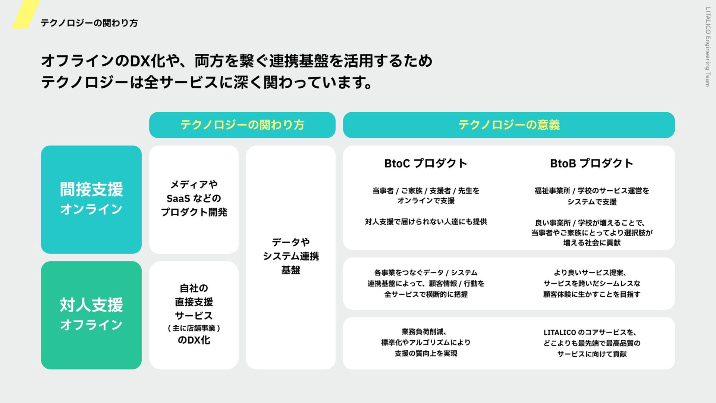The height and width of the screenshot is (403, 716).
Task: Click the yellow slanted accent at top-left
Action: [x=25, y=14]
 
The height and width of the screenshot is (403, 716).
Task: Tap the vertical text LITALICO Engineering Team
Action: [x=707, y=47]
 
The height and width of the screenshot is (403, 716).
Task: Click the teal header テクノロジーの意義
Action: [x=509, y=125]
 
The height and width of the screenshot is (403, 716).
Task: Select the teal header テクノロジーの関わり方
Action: [x=242, y=125]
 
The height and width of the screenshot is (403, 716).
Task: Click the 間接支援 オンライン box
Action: [x=91, y=199]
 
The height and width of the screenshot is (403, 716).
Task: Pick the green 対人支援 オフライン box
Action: [x=91, y=315]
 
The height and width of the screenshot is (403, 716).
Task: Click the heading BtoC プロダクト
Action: [x=425, y=163]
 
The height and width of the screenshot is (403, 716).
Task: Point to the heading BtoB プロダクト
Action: [x=591, y=163]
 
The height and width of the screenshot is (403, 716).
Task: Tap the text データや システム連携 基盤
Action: [x=291, y=256]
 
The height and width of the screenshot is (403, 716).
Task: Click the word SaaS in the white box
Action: [x=178, y=199]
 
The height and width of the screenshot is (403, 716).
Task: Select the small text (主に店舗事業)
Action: [x=194, y=328]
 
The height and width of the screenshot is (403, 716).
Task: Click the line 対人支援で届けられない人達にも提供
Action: [x=426, y=222]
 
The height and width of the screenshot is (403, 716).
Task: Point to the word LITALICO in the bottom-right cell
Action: [x=559, y=332]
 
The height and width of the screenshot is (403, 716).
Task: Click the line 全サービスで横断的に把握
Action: [x=426, y=294]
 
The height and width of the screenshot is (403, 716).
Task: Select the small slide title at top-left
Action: [x=89, y=23]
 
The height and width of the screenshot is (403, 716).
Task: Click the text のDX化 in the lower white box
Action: [x=194, y=340]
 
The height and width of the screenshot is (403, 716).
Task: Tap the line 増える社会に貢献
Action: [x=592, y=243]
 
